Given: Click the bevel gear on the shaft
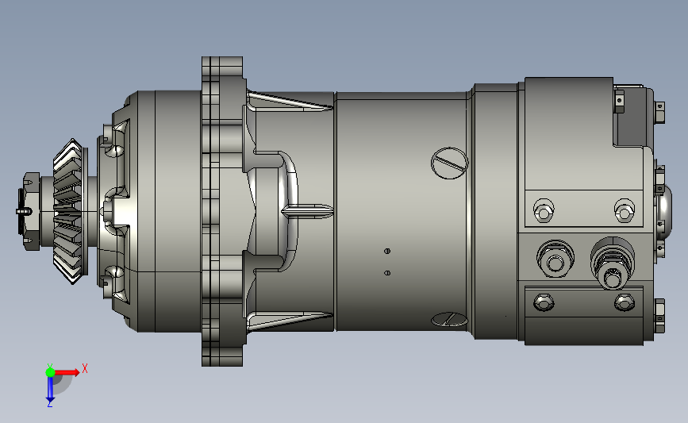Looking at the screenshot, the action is point(70,211).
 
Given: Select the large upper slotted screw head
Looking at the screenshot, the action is point(450,163).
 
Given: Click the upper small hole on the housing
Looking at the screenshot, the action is point(387,251).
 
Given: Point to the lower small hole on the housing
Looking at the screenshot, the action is point(387,273).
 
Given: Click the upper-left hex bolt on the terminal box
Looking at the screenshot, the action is point(544,211).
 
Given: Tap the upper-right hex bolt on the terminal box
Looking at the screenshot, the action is point(624,211).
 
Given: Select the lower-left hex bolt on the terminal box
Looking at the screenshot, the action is point(544,302).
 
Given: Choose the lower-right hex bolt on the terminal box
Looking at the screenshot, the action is point(624,302).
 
